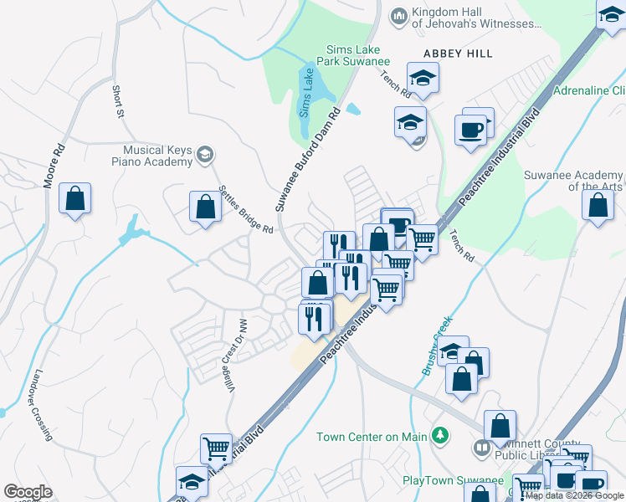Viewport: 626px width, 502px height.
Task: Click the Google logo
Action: [28, 492]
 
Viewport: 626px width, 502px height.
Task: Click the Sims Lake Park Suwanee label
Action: [353, 55]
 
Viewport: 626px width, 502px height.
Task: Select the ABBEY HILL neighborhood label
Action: [458, 53]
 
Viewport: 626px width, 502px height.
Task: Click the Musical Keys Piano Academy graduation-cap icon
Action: [204, 154]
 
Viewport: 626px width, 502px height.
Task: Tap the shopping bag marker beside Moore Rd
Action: [74, 199]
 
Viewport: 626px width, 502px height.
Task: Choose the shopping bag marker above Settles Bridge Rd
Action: [205, 207]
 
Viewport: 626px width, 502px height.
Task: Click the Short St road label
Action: [118, 100]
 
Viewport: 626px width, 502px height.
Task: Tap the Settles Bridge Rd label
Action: [245, 208]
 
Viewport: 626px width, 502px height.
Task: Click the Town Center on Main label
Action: [372, 437]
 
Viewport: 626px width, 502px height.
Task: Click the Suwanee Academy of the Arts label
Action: [572, 181]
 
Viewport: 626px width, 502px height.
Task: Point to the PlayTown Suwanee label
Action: [452, 481]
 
